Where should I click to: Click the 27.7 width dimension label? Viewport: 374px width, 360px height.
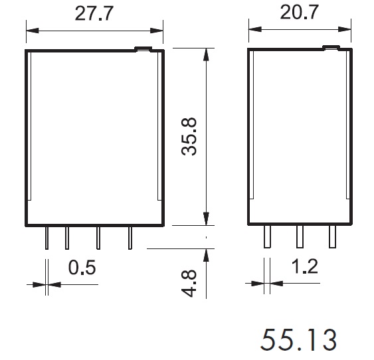(x=93, y=13)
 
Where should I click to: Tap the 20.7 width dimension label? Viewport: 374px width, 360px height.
(x=299, y=12)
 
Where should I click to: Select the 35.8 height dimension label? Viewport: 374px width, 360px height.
(x=189, y=136)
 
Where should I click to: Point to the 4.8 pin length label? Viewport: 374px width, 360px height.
(x=189, y=284)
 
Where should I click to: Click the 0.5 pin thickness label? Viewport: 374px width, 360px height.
(x=82, y=267)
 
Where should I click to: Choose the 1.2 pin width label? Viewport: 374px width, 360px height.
(x=305, y=266)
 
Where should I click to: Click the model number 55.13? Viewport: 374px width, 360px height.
(x=299, y=339)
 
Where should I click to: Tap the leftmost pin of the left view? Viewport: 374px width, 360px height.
(x=47, y=238)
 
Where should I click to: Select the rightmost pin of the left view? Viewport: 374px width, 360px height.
(x=130, y=238)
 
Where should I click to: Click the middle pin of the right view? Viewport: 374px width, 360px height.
(x=300, y=236)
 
